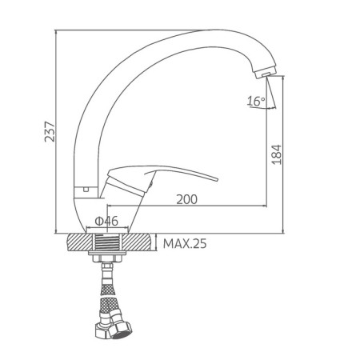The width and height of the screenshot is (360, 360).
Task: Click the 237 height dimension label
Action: (50, 131)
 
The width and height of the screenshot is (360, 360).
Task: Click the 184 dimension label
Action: (277, 154)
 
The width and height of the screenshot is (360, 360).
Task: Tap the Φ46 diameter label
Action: (106, 221)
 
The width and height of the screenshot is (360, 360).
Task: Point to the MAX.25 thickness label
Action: (185, 244)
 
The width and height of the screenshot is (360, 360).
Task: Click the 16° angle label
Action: (256, 102)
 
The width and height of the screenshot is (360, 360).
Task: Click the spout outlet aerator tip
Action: (265, 73)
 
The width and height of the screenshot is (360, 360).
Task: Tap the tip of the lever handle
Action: (217, 179)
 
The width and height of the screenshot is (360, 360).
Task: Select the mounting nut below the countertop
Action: (107, 258)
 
